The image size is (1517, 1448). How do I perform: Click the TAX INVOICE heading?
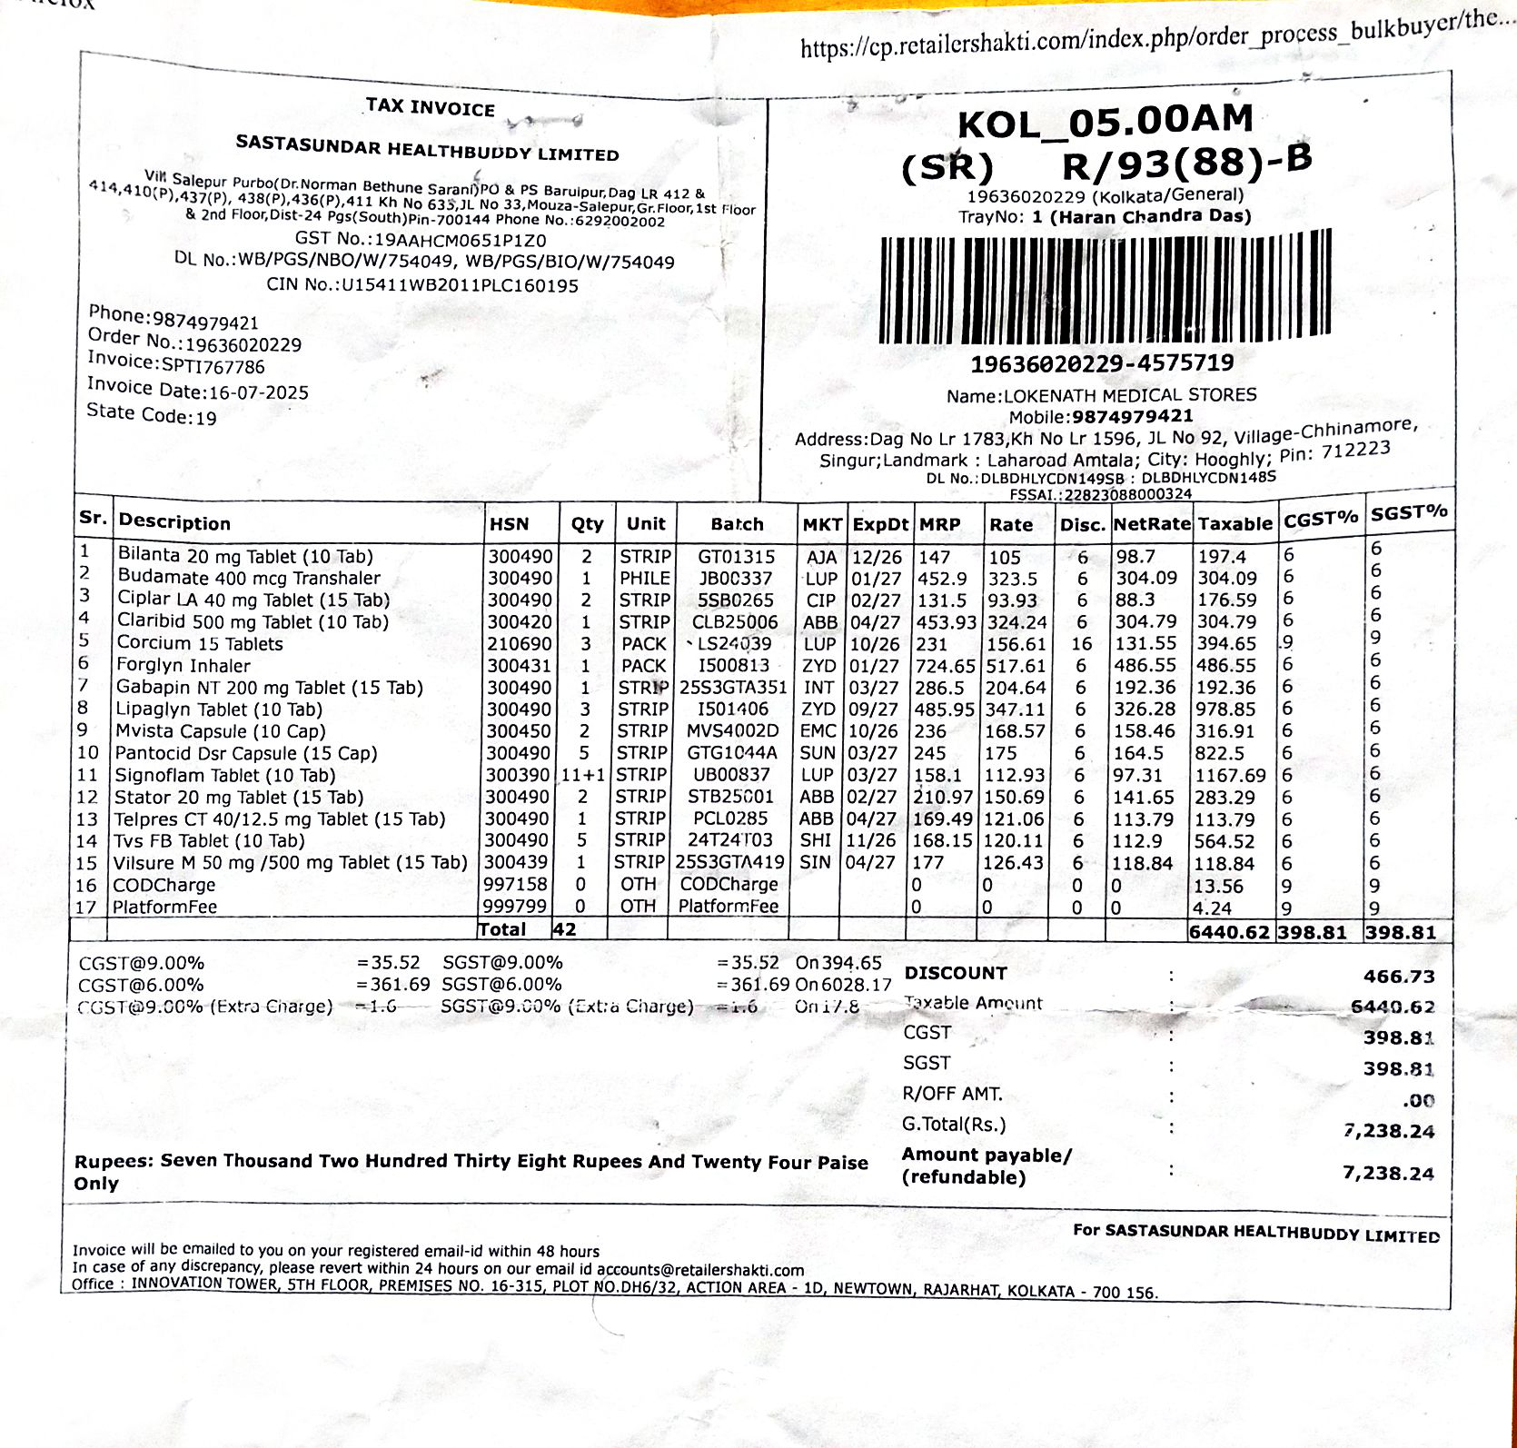pos(430,107)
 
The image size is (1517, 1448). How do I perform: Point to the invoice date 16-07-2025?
pos(259,392)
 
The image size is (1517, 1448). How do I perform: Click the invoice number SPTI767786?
pos(213,366)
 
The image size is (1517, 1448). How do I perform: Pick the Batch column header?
pos(736,524)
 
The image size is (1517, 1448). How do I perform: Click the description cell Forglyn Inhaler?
pos(183,665)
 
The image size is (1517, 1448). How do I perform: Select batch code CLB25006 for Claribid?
pos(735,622)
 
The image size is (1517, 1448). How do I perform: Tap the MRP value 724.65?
pos(945,666)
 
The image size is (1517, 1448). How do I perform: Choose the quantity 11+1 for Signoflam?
pos(582,775)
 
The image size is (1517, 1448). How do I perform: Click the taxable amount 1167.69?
pos(1230,776)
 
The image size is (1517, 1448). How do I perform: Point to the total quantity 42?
pos(564,929)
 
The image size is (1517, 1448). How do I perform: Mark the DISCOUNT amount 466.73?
pos(1398,977)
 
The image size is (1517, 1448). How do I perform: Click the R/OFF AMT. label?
pos(952,1094)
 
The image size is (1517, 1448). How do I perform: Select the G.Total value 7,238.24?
pos(1388,1131)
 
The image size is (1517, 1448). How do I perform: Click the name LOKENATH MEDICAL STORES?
pos(1129,395)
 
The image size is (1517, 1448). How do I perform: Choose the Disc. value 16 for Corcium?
pos(1080,644)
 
